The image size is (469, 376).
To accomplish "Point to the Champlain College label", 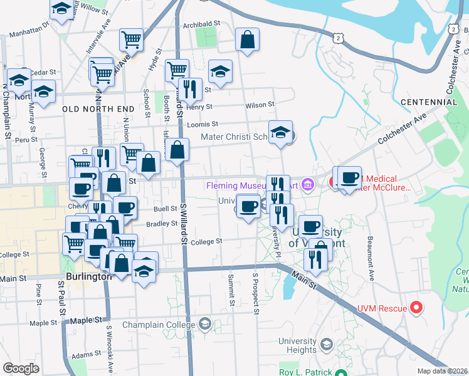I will click(159, 325).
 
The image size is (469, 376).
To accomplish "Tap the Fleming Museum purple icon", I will click(307, 184).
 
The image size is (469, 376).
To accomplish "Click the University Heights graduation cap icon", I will click(326, 344).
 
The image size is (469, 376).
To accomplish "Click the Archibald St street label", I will click(203, 24).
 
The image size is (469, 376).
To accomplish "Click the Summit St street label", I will click(231, 290).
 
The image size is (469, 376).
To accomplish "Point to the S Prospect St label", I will click(256, 293).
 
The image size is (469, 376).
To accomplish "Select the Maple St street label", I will click(43, 323).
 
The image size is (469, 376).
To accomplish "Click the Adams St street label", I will click(82, 355).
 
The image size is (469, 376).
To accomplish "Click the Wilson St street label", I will click(260, 105).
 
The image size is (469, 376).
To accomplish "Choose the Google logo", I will click(21, 368).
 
